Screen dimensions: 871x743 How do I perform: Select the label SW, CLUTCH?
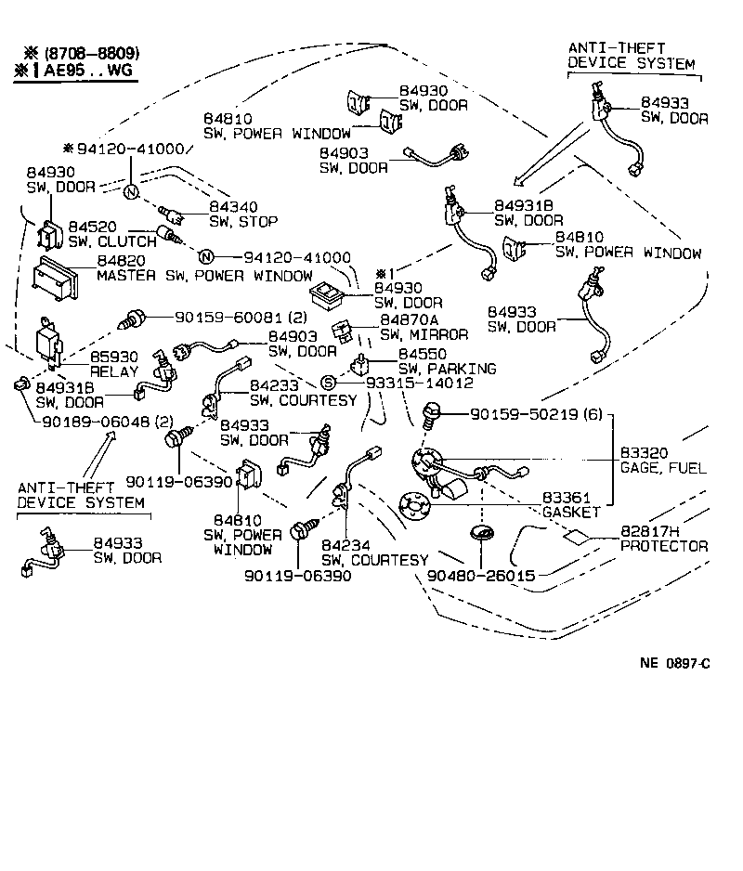pos(112,241)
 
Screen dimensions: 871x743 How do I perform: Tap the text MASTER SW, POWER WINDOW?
pos(204,277)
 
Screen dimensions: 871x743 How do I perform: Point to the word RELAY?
pos(113,371)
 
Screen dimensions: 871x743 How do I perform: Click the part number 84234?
pos(343,544)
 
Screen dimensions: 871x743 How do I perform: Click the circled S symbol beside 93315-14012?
pos(327,383)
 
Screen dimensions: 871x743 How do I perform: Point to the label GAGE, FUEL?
pos(663,467)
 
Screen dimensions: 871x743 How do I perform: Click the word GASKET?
pos(571,512)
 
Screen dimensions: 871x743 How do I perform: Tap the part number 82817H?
pos(650,531)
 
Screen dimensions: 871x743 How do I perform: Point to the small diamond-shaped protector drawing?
pos(576,538)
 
